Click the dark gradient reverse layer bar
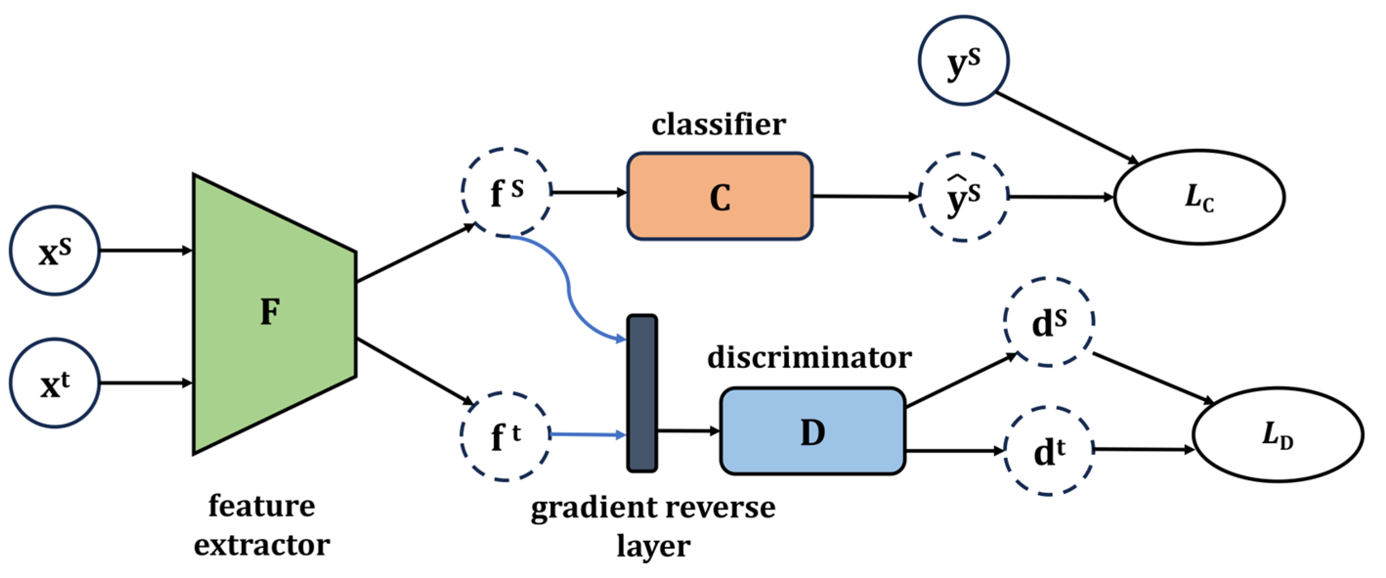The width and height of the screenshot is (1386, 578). [x=642, y=393]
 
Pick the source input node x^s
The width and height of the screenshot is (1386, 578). [x=55, y=251]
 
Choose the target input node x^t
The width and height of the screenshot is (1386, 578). [x=55, y=383]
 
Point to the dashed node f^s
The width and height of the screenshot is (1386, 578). [x=506, y=192]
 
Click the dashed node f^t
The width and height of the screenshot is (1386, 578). [x=505, y=436]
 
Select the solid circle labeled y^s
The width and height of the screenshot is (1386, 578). [x=963, y=60]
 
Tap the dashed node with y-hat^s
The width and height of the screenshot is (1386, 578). [x=963, y=197]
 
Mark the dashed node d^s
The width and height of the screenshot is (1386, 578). [x=1048, y=322]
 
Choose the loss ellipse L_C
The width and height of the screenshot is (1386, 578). [x=1199, y=197]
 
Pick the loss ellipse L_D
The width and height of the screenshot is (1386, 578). [x=1278, y=434]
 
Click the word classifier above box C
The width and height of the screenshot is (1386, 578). [x=718, y=125]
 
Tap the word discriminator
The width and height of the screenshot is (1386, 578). [x=809, y=357]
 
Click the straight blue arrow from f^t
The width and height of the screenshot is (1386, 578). [x=586, y=434]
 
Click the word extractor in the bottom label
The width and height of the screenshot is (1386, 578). [x=261, y=545]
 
